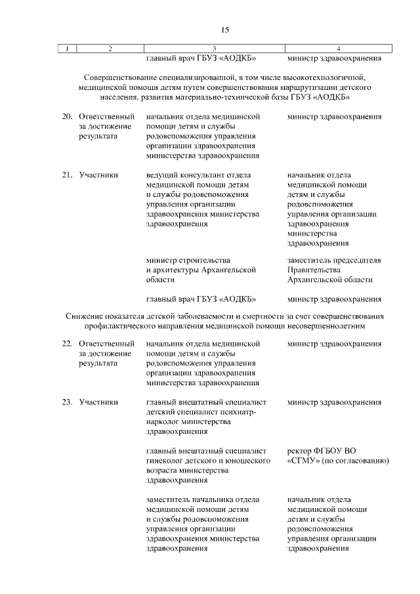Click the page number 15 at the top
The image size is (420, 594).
click(224, 30)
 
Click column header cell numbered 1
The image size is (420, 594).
click(67, 48)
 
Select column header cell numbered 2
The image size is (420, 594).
click(110, 48)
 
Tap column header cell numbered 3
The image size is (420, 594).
click(215, 48)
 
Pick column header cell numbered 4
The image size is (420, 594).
click(338, 48)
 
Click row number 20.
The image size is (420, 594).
click(66, 116)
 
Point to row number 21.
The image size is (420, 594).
click(66, 175)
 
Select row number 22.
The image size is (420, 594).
click(66, 343)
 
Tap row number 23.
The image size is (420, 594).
click(66, 402)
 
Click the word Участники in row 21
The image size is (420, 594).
click(98, 175)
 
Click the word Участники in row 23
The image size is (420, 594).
click(98, 402)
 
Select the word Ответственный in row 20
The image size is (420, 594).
click(107, 116)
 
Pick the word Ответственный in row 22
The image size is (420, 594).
click(107, 343)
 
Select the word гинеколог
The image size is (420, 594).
click(167, 461)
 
